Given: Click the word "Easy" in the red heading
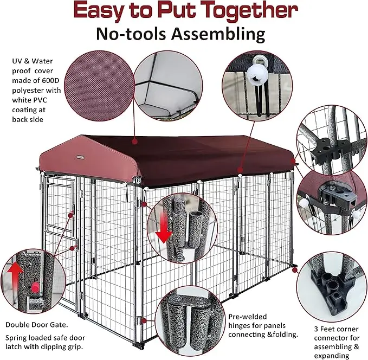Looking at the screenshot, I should (x=103, y=11).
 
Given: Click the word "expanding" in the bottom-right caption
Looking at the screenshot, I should (x=330, y=355).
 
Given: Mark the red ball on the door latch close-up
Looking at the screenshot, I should (x=36, y=286).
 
